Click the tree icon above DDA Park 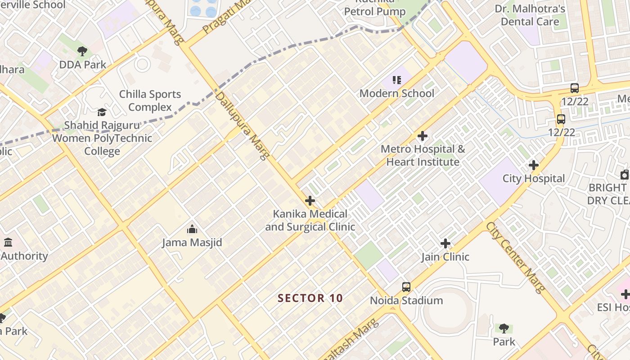[x=82, y=51]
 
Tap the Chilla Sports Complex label [x=150, y=100]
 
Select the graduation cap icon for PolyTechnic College [x=102, y=112]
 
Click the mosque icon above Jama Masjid [x=192, y=229]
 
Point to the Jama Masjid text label [x=192, y=243]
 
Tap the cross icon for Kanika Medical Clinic [x=310, y=201]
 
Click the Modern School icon [x=396, y=81]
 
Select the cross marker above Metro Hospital [x=423, y=136]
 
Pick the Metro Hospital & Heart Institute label [x=423, y=155]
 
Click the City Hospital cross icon [x=534, y=166]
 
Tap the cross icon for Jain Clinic [x=445, y=244]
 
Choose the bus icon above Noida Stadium [x=406, y=287]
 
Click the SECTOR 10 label [x=310, y=298]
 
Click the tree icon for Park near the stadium [x=504, y=328]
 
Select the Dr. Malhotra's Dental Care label [x=530, y=15]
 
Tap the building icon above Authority [x=8, y=243]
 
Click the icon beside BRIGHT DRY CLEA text [x=625, y=175]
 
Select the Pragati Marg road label [x=225, y=17]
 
